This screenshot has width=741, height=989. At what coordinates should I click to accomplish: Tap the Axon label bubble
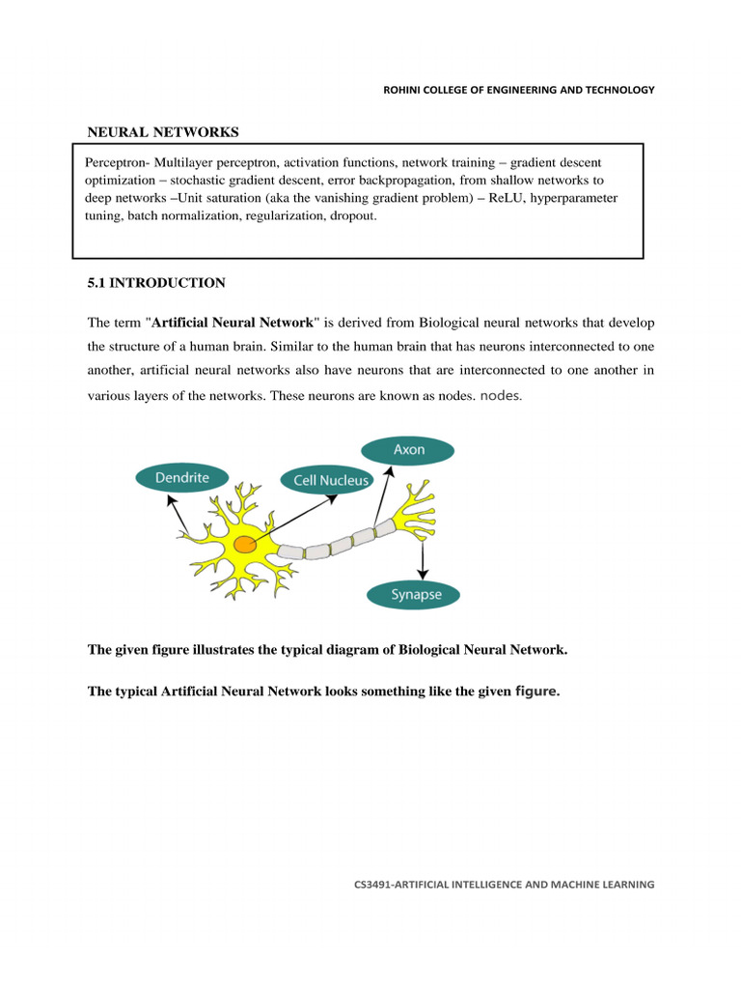[406, 450]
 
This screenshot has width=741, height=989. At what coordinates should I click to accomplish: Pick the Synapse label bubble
[416, 594]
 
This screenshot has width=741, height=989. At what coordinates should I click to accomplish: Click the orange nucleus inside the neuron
[246, 546]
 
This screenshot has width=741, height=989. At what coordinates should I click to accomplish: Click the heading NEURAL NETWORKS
[163, 131]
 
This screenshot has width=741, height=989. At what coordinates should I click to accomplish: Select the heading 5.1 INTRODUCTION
[156, 283]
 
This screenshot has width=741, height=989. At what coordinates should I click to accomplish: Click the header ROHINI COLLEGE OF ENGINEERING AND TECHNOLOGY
[519, 90]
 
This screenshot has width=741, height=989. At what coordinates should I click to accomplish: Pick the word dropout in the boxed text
[354, 216]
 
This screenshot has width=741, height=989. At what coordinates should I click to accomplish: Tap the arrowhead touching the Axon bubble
[391, 469]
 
